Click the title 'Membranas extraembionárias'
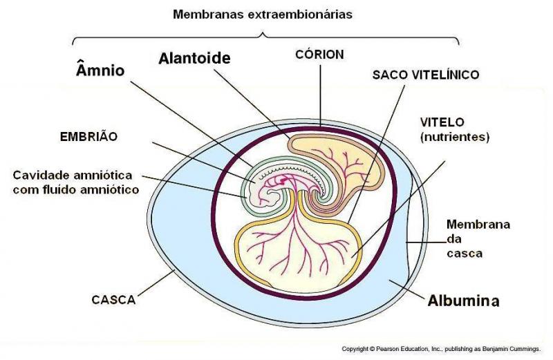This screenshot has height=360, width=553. (x=263, y=15)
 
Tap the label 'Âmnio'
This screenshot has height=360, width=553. (x=100, y=70)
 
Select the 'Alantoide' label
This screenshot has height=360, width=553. (x=194, y=58)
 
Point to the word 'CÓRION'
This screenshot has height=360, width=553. (x=319, y=55)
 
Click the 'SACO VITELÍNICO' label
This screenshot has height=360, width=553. (x=426, y=75)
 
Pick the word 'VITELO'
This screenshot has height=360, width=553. (x=442, y=122)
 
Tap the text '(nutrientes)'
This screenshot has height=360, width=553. (x=455, y=137)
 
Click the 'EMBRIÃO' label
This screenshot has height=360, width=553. (x=88, y=136)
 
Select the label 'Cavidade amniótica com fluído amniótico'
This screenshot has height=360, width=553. (x=76, y=182)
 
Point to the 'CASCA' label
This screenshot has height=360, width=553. (x=113, y=300)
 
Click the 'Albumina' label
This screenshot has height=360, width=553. (x=463, y=301)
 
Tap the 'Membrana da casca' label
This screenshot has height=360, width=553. (x=478, y=238)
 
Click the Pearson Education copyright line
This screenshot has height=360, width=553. (x=441, y=349)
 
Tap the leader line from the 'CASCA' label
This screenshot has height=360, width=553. (x=156, y=283)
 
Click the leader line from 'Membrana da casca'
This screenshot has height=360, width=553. (x=426, y=243)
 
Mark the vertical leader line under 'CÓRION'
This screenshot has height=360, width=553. (x=320, y=95)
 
